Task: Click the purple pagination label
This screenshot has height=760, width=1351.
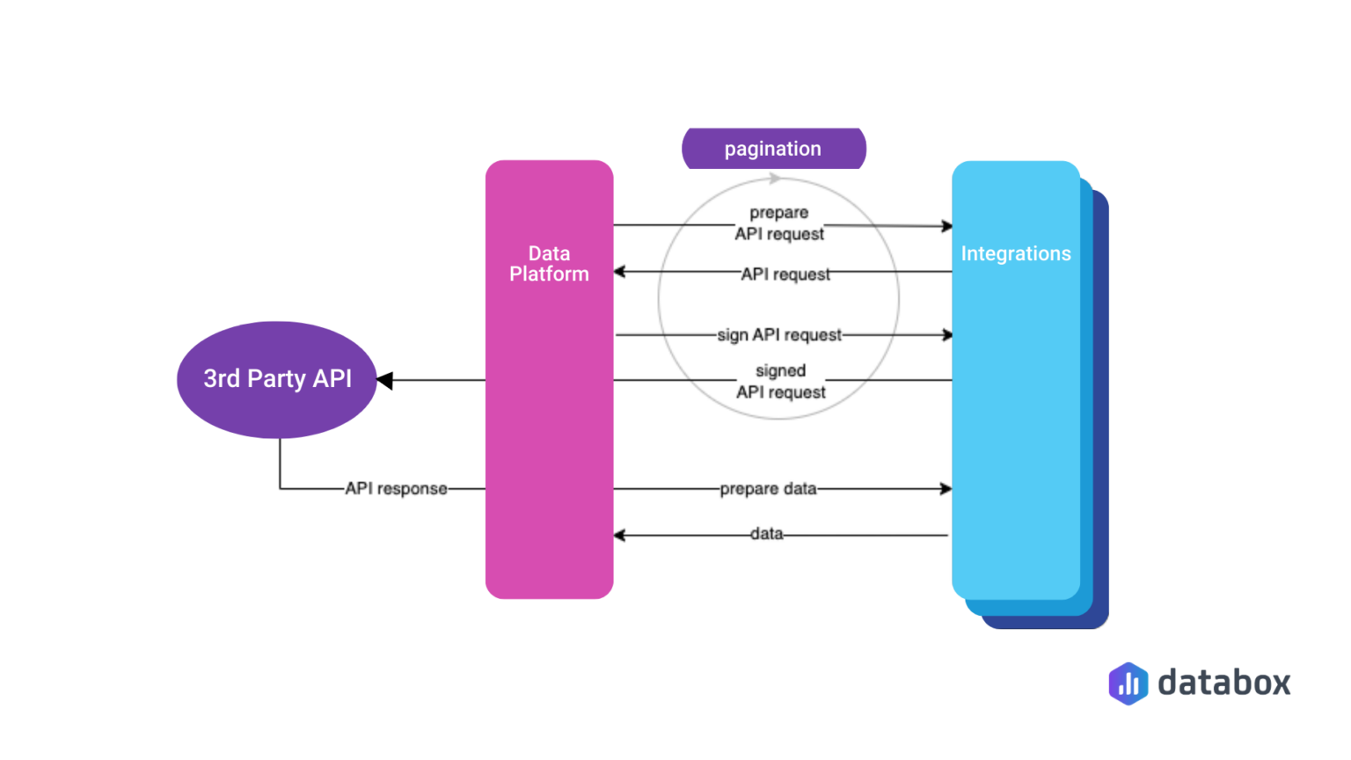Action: [x=773, y=149]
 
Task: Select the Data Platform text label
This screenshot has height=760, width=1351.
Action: [x=549, y=264]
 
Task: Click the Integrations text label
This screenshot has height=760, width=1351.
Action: [x=1015, y=254]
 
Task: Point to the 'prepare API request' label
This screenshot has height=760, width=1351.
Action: [x=779, y=223]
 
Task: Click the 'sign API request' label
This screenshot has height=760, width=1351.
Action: [x=779, y=335]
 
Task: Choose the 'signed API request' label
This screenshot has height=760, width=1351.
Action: [x=781, y=382]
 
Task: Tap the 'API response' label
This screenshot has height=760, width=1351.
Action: [x=396, y=488]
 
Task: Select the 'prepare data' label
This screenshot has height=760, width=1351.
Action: [x=768, y=488]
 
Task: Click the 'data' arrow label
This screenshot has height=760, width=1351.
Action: [x=766, y=534]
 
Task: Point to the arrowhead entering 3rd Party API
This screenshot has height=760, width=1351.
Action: [x=385, y=380]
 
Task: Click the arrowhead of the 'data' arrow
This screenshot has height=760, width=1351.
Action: [x=619, y=535]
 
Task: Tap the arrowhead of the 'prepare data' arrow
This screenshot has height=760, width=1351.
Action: [x=946, y=488]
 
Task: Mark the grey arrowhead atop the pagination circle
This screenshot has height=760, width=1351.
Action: [x=774, y=179]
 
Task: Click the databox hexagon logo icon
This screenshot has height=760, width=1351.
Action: [x=1128, y=683]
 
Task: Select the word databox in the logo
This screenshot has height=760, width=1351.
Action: [x=1223, y=683]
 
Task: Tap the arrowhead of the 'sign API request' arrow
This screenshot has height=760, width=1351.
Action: [x=947, y=335]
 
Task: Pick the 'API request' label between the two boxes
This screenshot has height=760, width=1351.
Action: [x=785, y=274]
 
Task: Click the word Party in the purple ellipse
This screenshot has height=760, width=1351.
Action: [x=276, y=378]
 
